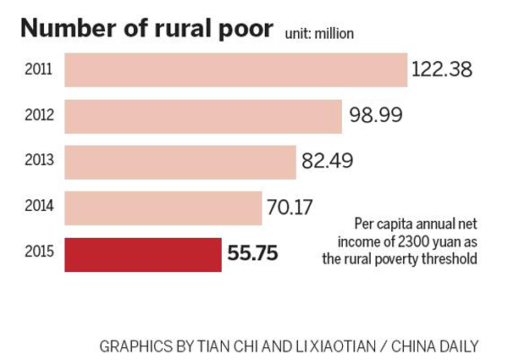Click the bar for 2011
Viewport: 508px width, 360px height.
(x=235, y=69)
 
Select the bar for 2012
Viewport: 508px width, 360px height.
(x=203, y=115)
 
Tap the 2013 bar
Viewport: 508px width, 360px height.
(x=180, y=161)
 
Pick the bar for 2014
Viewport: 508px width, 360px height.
(x=163, y=207)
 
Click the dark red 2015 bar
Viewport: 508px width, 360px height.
(x=143, y=252)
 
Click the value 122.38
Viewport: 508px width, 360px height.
(x=441, y=69)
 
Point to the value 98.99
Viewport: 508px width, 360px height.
(x=375, y=115)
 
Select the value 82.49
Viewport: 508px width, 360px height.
(x=327, y=161)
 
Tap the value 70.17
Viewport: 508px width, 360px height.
(x=290, y=207)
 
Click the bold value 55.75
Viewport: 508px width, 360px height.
(x=252, y=252)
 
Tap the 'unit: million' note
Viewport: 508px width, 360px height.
(x=318, y=34)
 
